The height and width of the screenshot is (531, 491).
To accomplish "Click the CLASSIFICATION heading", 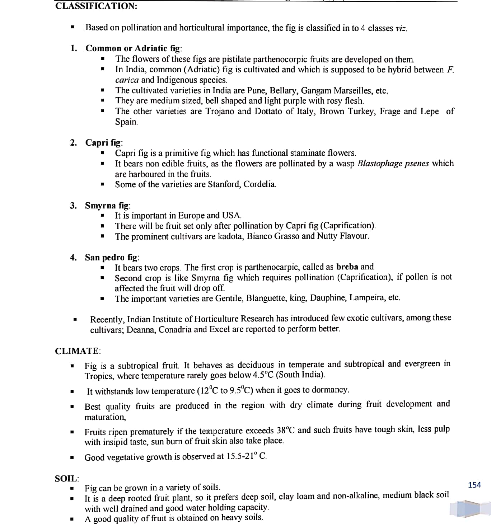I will [96, 6].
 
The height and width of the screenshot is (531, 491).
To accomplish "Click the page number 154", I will [474, 485].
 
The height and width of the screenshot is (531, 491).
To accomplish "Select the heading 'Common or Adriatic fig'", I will [134, 48].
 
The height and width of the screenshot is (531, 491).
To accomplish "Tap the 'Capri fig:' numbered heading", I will [104, 142].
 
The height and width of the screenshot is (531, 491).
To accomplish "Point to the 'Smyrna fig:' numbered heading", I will [108, 206].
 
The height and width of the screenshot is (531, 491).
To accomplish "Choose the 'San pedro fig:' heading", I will [112, 257].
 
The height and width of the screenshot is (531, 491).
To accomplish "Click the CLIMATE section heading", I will [78, 351].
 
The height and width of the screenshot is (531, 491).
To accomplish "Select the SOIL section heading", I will [67, 479].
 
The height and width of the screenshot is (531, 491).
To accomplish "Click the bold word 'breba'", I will [347, 267].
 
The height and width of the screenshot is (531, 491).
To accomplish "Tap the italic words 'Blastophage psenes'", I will [393, 164].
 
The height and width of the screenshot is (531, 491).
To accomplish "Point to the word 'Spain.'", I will [126, 122].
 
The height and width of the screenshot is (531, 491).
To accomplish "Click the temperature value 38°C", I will [286, 430].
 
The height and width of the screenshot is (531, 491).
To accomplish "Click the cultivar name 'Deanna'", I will [141, 329].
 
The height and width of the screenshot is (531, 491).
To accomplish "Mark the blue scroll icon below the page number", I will [464, 508].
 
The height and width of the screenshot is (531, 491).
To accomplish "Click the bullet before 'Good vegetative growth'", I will [72, 458].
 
